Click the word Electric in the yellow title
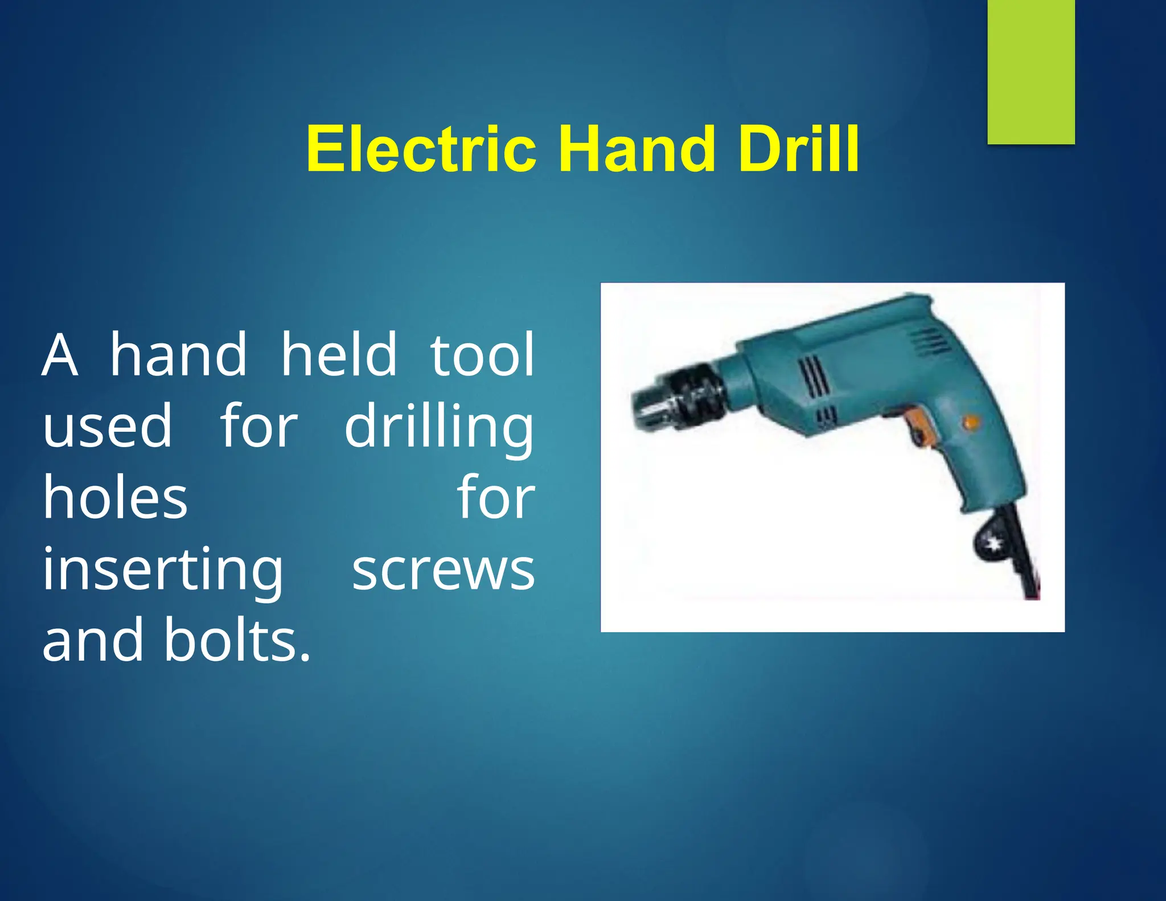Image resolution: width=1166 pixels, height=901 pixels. tap(421, 149)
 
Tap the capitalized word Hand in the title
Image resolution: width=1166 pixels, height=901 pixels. tap(636, 149)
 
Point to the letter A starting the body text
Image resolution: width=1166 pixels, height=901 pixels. tap(60, 355)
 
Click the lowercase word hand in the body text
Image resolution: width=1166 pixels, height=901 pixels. tap(178, 355)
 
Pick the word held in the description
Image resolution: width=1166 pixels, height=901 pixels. tap(339, 355)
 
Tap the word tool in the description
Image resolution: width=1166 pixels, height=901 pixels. tap(482, 355)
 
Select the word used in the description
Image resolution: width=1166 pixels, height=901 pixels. tap(107, 426)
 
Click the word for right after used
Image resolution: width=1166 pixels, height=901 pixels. tap(259, 426)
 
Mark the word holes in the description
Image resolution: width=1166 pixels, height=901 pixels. tap(115, 498)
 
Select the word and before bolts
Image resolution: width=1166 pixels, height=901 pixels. tap(93, 640)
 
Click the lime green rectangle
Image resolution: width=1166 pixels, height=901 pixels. tap(1030, 71)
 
